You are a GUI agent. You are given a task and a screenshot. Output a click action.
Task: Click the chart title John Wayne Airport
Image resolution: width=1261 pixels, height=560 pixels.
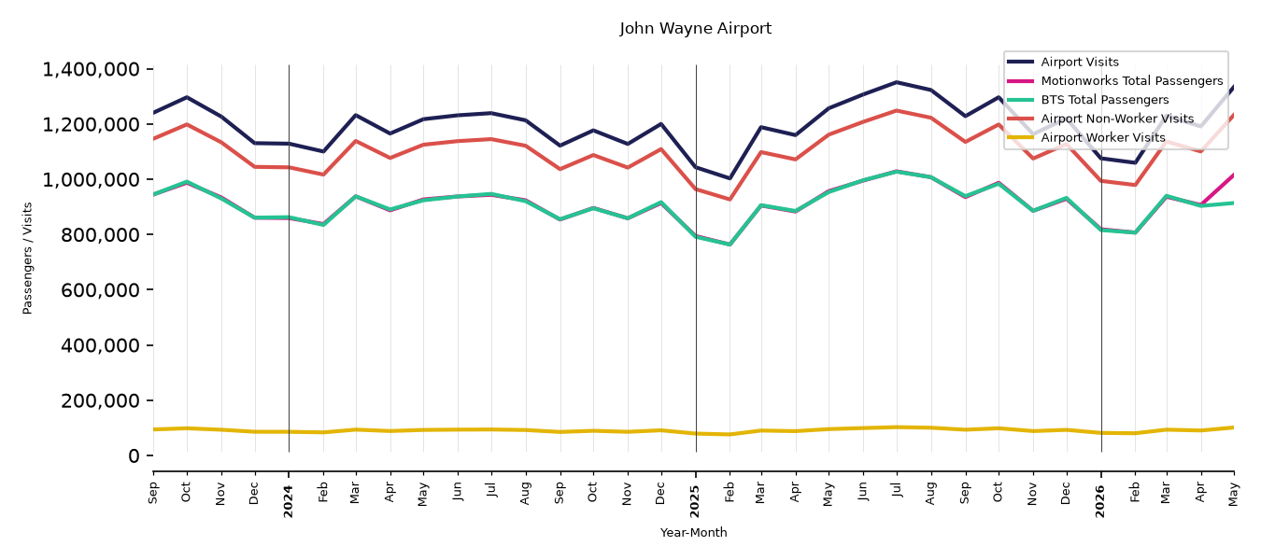click(x=695, y=28)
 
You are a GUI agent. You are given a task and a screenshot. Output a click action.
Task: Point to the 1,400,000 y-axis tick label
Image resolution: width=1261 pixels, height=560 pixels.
click(x=92, y=70)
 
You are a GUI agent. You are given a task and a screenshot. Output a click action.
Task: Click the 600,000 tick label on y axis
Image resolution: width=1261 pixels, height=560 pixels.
click(x=100, y=290)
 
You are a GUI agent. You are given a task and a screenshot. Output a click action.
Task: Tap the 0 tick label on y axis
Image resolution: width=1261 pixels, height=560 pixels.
click(x=134, y=456)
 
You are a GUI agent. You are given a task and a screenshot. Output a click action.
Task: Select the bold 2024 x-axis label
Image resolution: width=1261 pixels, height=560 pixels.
click(x=289, y=501)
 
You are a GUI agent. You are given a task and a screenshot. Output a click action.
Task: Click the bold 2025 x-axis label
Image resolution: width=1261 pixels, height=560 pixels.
click(x=695, y=501)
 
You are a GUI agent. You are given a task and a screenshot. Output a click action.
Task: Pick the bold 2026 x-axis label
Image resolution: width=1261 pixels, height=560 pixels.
click(x=1100, y=501)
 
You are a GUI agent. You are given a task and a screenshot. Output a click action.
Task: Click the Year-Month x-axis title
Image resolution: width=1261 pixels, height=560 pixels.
click(x=693, y=532)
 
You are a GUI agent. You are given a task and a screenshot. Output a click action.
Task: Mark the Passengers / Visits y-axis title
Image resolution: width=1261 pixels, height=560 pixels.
click(x=28, y=259)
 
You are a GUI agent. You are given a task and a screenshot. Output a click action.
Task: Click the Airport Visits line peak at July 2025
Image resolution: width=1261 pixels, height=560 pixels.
click(x=897, y=82)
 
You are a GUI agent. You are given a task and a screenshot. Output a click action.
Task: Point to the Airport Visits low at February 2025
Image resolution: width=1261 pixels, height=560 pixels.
click(x=730, y=178)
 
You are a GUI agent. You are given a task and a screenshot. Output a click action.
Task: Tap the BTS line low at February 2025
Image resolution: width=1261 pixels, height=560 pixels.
click(x=730, y=245)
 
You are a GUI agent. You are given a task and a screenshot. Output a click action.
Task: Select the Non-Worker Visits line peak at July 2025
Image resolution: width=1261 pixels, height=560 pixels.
click(x=897, y=110)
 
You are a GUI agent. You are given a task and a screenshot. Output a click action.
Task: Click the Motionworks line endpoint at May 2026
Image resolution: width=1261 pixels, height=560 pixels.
click(x=1233, y=175)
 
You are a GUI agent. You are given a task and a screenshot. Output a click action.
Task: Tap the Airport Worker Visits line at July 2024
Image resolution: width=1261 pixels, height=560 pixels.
click(x=491, y=429)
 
